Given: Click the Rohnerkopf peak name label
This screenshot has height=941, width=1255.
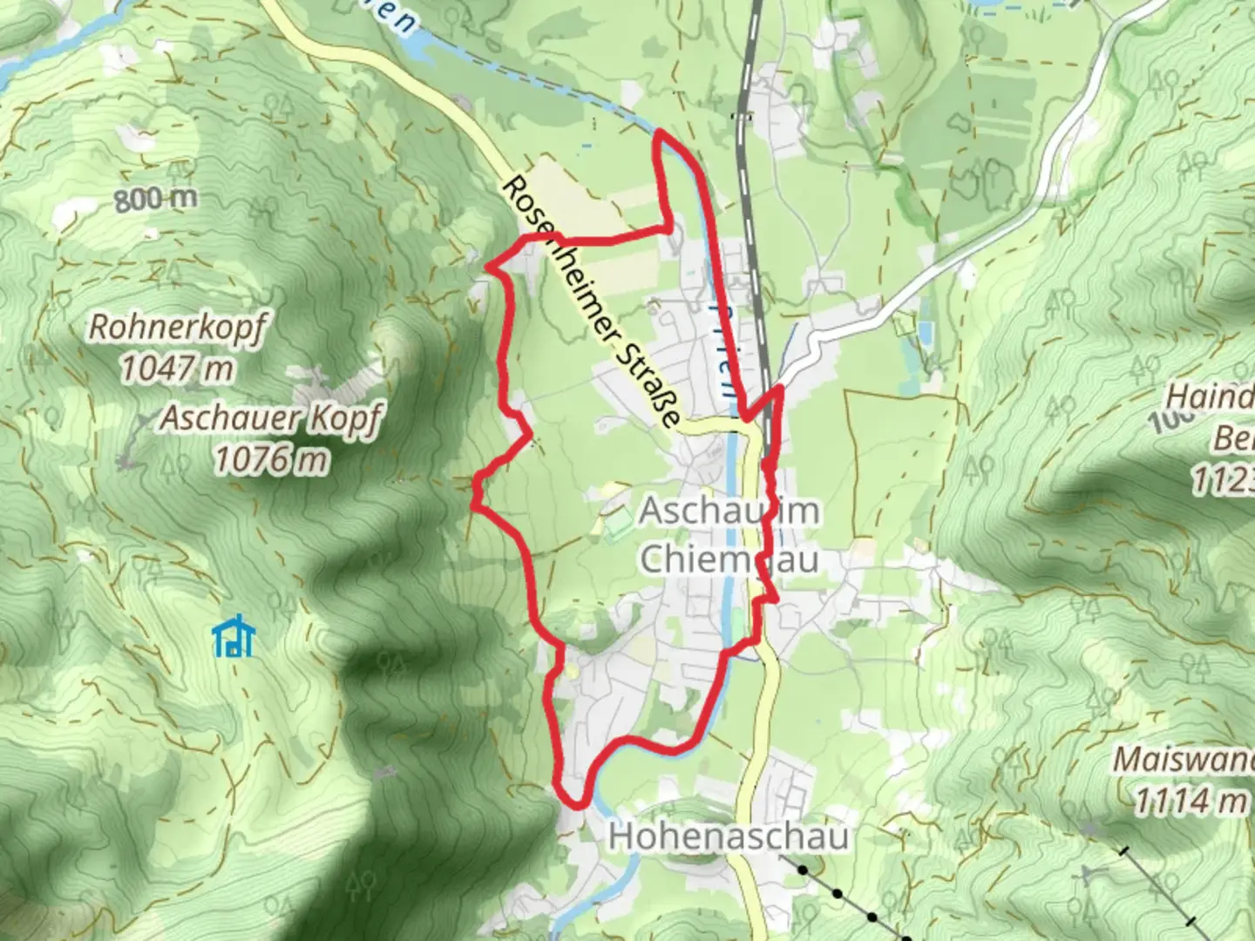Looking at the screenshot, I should tap(176, 328).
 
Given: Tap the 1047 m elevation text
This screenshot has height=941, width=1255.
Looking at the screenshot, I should tap(176, 369).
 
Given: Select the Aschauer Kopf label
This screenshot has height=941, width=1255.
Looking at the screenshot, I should tap(270, 419).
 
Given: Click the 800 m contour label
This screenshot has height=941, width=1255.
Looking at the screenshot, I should tap(155, 200).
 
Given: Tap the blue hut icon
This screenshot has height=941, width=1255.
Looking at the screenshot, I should tap(234, 637).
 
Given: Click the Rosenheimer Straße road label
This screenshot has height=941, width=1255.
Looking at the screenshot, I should tap(592, 301).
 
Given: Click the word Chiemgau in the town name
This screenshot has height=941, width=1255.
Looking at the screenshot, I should tap(729, 559).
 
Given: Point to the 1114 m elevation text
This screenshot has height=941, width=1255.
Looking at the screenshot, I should tap(1191, 799).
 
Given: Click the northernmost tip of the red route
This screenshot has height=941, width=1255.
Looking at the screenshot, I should tap(660, 132).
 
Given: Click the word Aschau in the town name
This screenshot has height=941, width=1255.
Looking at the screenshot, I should tap(697, 511).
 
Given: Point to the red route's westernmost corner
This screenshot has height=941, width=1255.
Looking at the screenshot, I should tap(475, 501).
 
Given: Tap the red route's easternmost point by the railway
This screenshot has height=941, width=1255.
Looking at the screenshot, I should tap(781, 389).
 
